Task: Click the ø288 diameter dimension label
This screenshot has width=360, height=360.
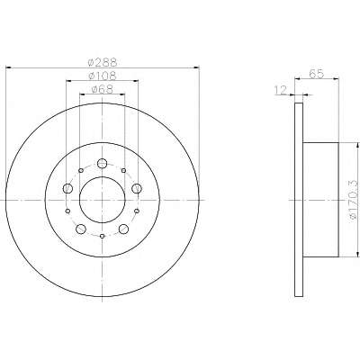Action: click(x=102, y=63)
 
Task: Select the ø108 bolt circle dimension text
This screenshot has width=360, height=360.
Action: click(x=103, y=76)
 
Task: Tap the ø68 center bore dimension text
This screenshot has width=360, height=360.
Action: click(x=102, y=89)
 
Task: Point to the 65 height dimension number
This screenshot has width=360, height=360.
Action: click(x=317, y=74)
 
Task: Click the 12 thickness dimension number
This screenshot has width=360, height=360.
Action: click(x=281, y=90)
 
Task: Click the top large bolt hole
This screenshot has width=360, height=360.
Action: click(x=103, y=163)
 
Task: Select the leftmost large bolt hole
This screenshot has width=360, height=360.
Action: click(x=67, y=188)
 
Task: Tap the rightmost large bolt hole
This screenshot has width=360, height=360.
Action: click(x=137, y=188)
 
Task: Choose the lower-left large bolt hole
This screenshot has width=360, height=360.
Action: click(x=81, y=229)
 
